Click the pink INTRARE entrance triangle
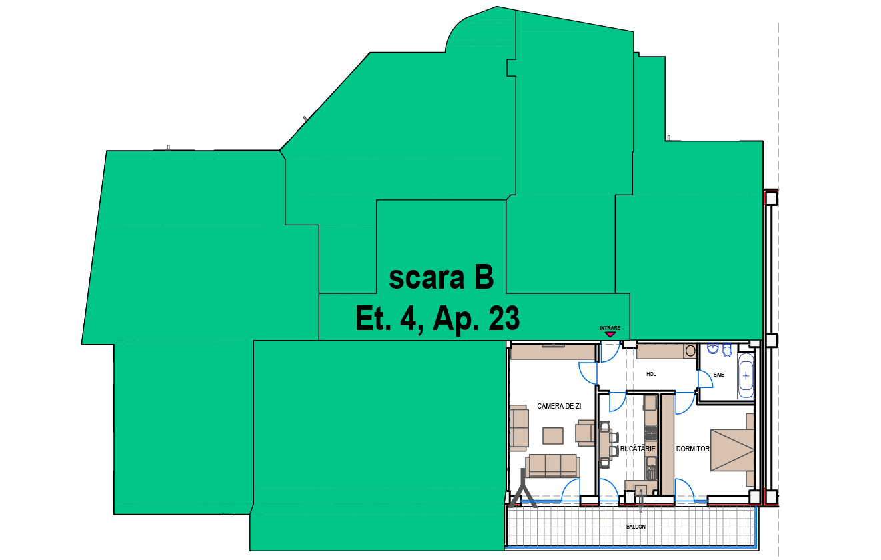point(610,334)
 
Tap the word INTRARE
point(610,328)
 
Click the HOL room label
point(651,374)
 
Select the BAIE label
point(718,375)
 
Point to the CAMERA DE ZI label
point(559,406)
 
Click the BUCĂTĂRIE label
point(638,448)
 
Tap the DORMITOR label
point(693,449)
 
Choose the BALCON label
point(636,527)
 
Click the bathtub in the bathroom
point(746,376)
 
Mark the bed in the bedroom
point(732,450)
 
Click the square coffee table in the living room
point(553,436)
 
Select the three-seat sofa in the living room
point(553,466)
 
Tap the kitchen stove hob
point(650,433)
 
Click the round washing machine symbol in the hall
point(690,351)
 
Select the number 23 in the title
point(504,318)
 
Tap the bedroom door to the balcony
point(685,490)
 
